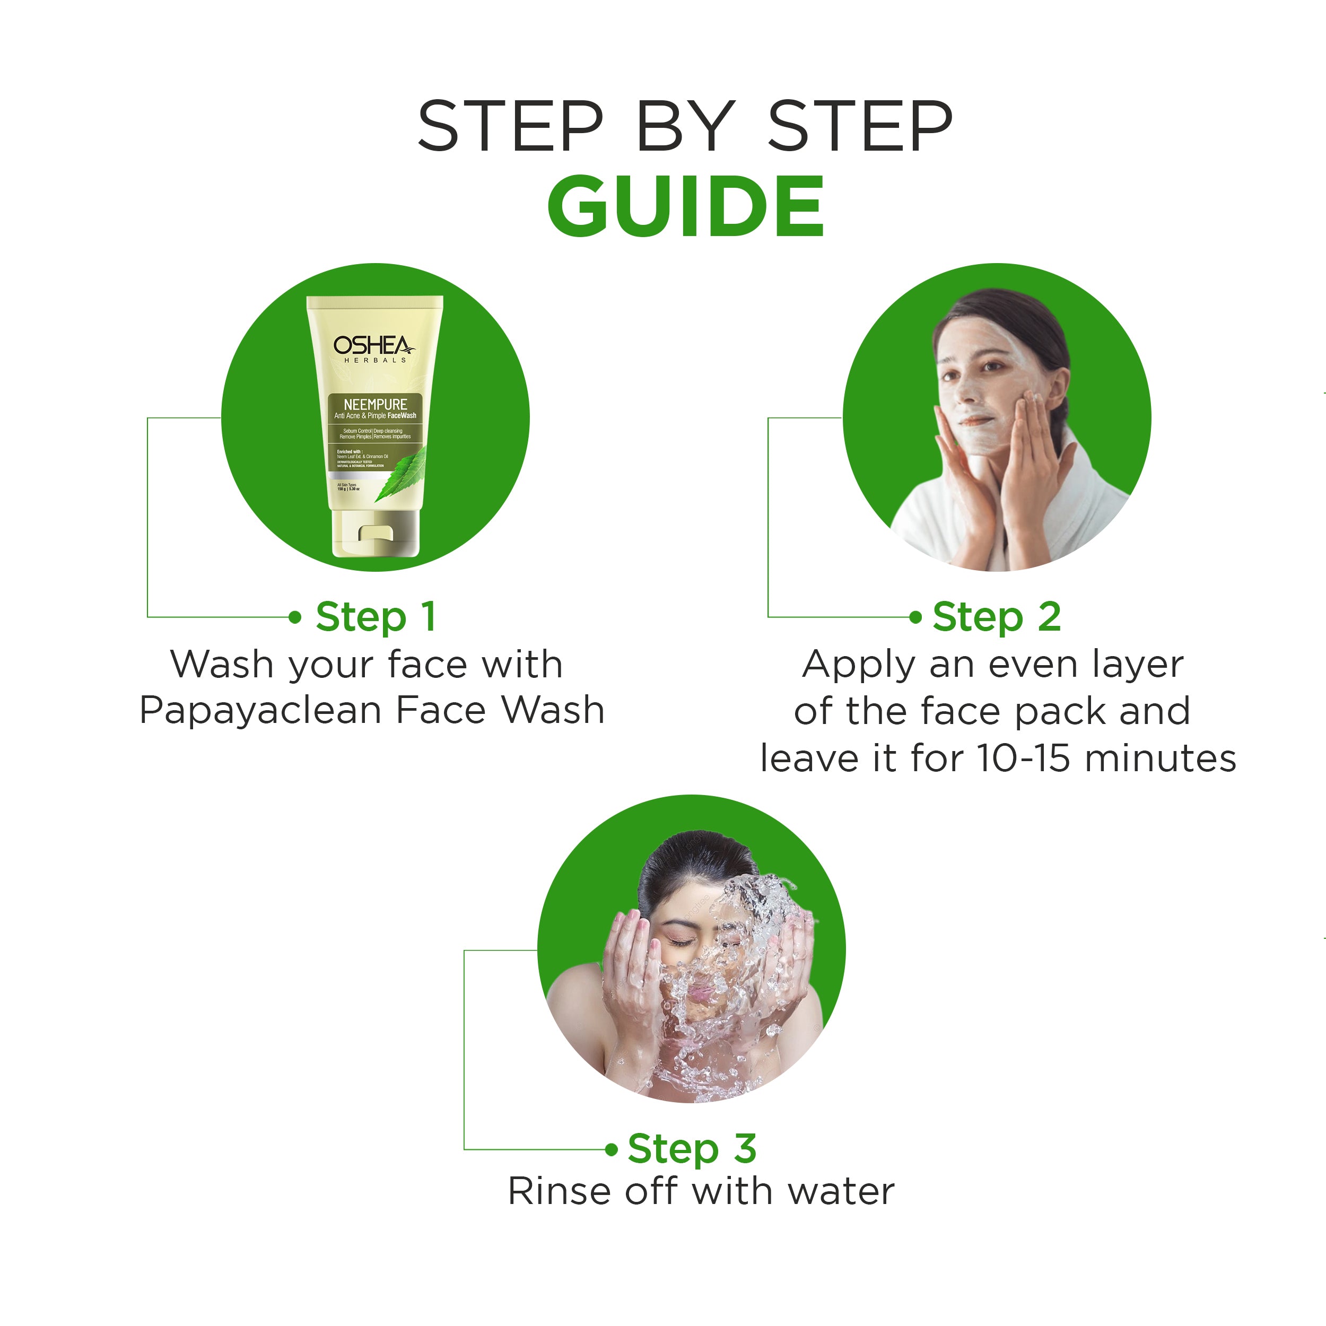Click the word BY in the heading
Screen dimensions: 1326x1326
(x=685, y=126)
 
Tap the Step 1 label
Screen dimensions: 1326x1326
(x=376, y=616)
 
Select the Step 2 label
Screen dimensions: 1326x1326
(x=997, y=616)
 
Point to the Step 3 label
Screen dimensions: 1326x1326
(x=692, y=1149)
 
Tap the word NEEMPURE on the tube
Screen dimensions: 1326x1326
(x=375, y=404)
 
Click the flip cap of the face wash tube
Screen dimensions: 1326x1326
(x=376, y=535)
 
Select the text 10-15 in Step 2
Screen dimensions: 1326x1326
(x=1023, y=758)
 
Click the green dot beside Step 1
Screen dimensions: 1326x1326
(x=295, y=617)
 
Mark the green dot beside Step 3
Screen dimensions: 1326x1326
(x=612, y=1149)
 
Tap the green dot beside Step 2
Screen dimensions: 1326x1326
(x=915, y=617)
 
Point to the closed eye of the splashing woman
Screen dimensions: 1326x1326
(x=682, y=943)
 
